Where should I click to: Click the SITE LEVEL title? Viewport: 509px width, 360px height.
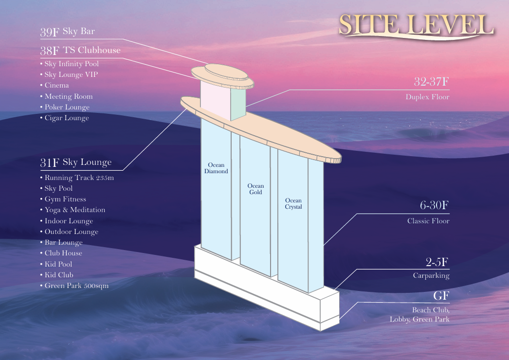pyautogui.click(x=416, y=25)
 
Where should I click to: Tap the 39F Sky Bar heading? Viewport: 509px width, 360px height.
pyautogui.click(x=68, y=32)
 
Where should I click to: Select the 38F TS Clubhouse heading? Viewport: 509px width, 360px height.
pyautogui.click(x=80, y=50)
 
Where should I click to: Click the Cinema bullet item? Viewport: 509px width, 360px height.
pyautogui.click(x=55, y=85)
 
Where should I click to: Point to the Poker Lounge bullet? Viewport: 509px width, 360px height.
pyautogui.click(x=65, y=107)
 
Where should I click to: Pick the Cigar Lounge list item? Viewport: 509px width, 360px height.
pyautogui.click(x=65, y=118)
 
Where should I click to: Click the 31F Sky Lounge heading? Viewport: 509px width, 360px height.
pyautogui.click(x=76, y=162)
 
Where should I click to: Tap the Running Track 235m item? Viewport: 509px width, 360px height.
pyautogui.click(x=77, y=178)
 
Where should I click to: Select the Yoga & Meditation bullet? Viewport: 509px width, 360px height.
pyautogui.click(x=73, y=210)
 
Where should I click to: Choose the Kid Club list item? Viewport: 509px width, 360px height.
pyautogui.click(x=57, y=275)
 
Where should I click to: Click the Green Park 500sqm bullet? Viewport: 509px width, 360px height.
pyautogui.click(x=74, y=286)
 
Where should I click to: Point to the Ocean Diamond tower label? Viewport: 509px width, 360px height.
pyautogui.click(x=216, y=168)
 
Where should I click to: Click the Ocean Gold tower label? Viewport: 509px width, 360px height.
pyautogui.click(x=256, y=189)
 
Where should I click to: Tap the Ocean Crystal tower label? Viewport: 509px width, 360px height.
pyautogui.click(x=293, y=203)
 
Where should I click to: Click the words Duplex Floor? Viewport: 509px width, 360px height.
pyautogui.click(x=428, y=97)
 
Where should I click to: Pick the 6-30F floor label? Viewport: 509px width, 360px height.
pyautogui.click(x=435, y=205)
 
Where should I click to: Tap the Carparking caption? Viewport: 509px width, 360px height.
pyautogui.click(x=432, y=276)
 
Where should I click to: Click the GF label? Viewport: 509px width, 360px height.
pyautogui.click(x=441, y=296)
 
